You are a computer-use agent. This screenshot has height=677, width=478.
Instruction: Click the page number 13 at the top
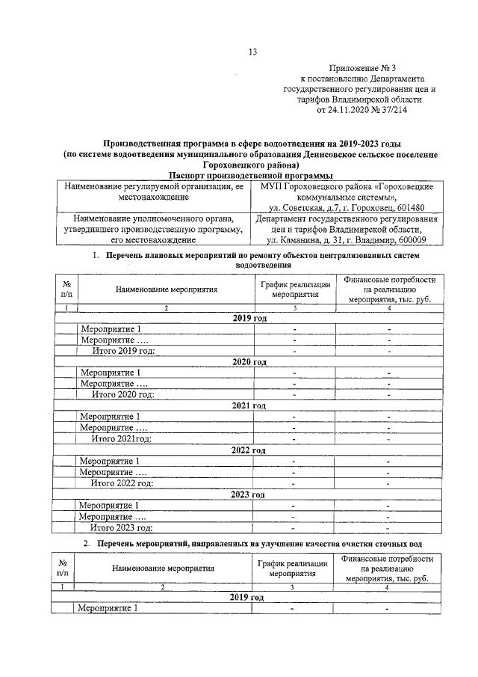pos(252,52)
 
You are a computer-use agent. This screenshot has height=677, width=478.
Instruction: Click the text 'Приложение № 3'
pos(361,67)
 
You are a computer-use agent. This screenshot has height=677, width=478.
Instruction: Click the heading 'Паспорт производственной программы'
pos(240,174)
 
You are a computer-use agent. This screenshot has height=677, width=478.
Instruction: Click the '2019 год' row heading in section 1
pos(249,318)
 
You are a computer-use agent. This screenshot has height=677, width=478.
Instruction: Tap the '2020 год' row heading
pos(249,361)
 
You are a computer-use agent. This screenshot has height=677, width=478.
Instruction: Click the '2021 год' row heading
pos(249,405)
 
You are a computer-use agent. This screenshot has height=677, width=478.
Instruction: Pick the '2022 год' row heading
pos(249,450)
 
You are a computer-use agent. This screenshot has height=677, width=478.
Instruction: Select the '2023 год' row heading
pos(249,494)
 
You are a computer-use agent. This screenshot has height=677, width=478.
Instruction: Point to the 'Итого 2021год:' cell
pos(122,439)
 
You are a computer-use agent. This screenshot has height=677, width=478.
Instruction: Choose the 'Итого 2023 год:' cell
pos(122,528)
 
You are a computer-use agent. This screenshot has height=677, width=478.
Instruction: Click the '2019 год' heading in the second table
pos(246,598)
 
